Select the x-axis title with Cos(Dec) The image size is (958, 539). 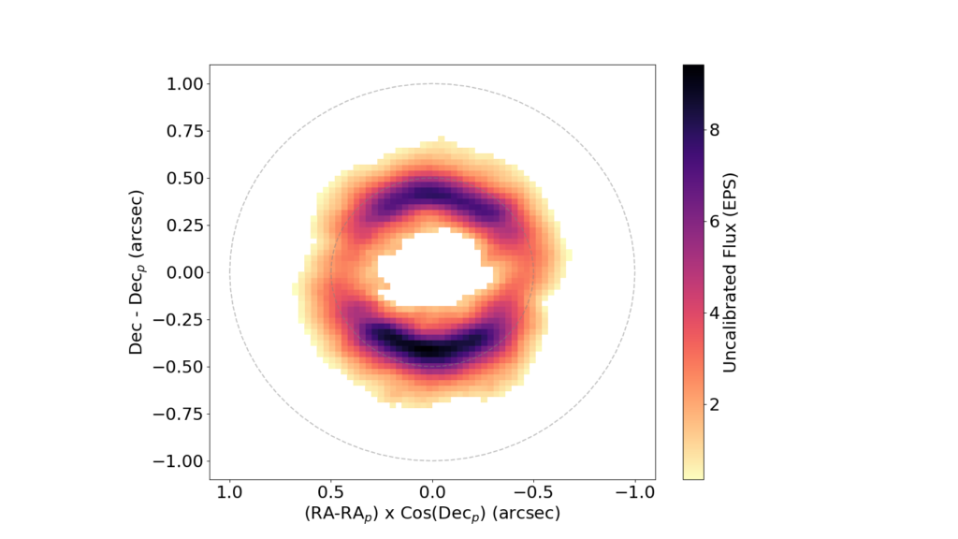click(431, 515)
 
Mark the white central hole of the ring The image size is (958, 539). click(432, 269)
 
